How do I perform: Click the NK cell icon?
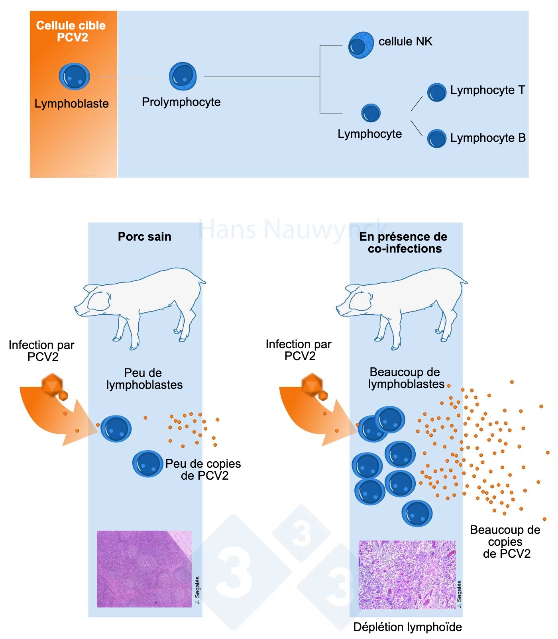tap(361, 45)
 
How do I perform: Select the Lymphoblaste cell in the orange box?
tap(74, 76)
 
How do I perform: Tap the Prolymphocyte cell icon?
tap(183, 76)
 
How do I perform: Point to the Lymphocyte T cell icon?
tap(437, 92)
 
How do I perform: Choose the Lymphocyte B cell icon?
tap(437, 139)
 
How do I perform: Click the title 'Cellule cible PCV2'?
tap(71, 31)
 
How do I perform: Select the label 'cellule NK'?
tap(405, 41)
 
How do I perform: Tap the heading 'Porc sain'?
tap(145, 237)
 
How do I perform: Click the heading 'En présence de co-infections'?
tap(403, 243)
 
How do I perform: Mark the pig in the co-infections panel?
tap(403, 305)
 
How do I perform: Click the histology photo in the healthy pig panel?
tap(144, 569)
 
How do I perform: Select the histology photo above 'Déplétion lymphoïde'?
tap(407, 574)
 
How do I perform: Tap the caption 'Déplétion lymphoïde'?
tap(407, 627)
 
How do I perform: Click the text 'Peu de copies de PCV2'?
tap(203, 470)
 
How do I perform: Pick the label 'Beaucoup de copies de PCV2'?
tap(505, 542)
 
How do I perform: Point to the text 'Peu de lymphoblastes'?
tap(144, 379)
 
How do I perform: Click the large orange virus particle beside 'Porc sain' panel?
tap(52, 384)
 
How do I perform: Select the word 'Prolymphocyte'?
tap(181, 102)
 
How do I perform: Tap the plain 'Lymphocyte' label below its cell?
tap(370, 134)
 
